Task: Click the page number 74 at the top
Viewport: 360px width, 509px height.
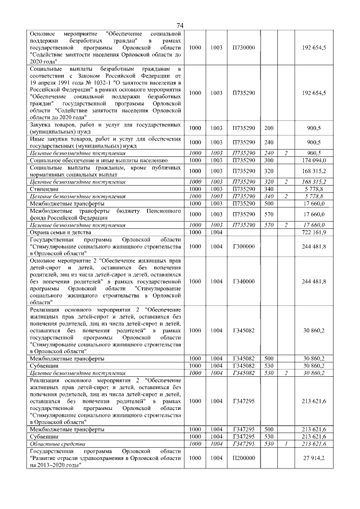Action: tap(180, 25)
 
